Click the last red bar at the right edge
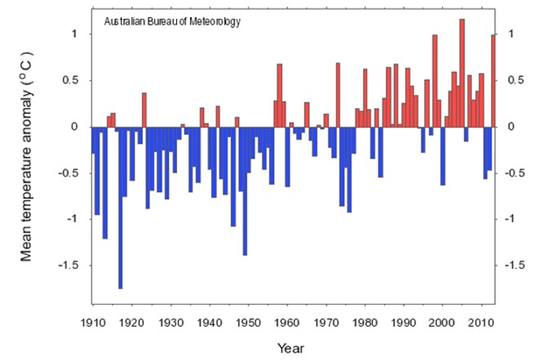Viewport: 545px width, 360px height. [x=493, y=81]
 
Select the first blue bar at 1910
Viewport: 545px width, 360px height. [x=93, y=140]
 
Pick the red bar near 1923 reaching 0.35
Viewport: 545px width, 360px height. [x=144, y=110]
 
